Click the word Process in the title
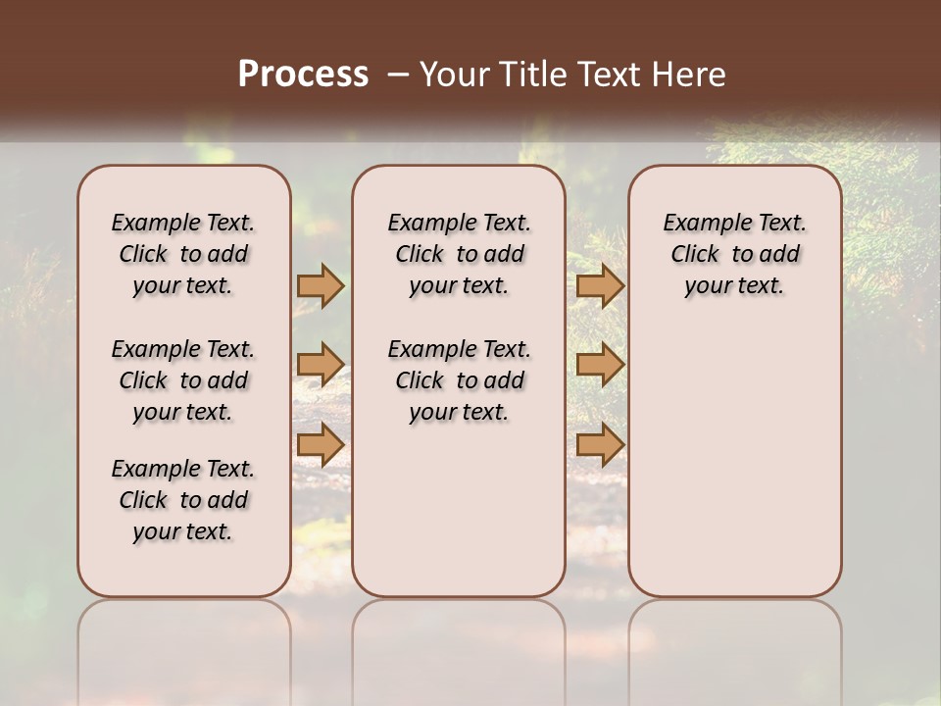303,75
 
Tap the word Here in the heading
690,75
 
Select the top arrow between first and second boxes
321,285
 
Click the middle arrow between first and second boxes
321,365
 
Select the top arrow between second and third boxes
600,285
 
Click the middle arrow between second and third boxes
600,365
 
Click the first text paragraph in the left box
183,254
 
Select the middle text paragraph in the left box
183,380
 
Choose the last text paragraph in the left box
183,500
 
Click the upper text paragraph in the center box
459,254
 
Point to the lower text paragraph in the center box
459,380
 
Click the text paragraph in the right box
734,254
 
